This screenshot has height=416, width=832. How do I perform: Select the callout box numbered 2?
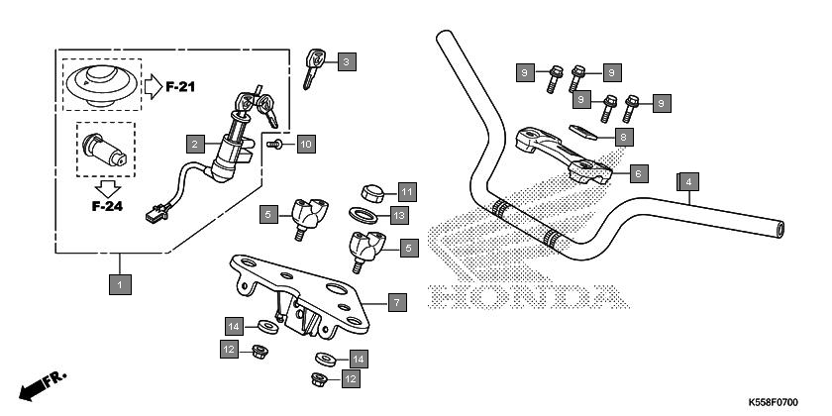click(197, 145)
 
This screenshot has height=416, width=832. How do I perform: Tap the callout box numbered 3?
click(346, 62)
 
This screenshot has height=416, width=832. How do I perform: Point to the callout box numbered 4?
click(686, 181)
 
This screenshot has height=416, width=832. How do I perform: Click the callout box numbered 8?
click(624, 137)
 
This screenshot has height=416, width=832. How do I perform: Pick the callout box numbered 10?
click(305, 145)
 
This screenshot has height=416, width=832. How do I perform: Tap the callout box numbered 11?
click(407, 190)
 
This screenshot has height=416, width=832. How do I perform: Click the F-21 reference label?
click(180, 87)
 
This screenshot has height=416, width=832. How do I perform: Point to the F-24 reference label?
click(106, 206)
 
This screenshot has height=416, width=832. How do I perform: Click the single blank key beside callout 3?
click(314, 66)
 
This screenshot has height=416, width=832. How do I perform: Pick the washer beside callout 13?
click(364, 215)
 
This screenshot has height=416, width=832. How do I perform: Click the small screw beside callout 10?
click(278, 145)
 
